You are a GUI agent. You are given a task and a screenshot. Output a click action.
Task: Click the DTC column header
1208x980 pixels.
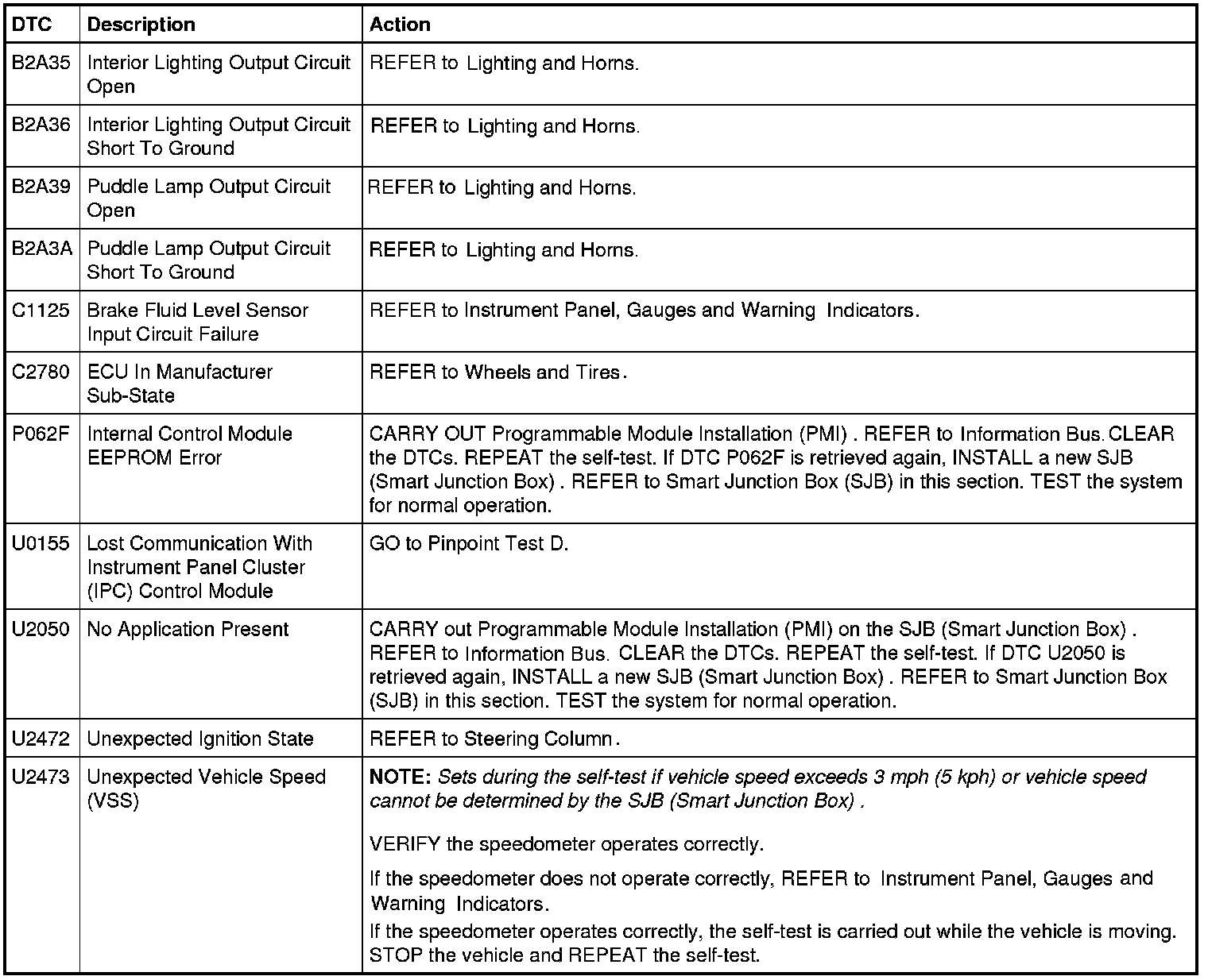[x=32, y=25]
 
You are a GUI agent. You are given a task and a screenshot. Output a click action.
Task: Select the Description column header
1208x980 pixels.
[x=141, y=25]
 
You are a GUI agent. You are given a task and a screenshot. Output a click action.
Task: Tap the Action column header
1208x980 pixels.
[x=400, y=25]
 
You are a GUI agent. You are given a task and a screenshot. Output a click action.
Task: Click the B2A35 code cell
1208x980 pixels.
[x=41, y=63]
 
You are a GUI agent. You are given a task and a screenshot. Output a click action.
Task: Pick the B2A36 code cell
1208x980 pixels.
[x=41, y=125]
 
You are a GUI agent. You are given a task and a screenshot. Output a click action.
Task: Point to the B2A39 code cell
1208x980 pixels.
[x=41, y=187]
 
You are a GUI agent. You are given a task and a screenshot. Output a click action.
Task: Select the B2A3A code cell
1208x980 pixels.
[x=41, y=249]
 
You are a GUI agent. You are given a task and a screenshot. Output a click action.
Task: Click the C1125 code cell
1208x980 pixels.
[x=41, y=311]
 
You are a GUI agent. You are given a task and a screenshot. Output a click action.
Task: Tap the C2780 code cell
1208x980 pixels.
[x=41, y=372]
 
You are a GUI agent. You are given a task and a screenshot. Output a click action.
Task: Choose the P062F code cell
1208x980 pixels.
[x=41, y=434]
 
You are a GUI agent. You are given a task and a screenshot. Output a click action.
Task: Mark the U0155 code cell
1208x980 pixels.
[x=41, y=544]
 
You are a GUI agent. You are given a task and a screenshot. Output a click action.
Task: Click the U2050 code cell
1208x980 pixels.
[x=41, y=630]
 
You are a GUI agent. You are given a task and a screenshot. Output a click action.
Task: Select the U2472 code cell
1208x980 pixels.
[x=41, y=739]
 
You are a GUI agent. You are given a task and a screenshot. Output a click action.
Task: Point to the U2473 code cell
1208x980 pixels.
[x=41, y=777]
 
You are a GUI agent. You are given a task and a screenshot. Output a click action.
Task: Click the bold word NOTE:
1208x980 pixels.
[x=400, y=777]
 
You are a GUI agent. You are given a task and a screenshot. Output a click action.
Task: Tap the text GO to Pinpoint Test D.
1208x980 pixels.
[x=469, y=544]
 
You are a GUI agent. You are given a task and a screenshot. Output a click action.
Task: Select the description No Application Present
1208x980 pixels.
[x=188, y=630]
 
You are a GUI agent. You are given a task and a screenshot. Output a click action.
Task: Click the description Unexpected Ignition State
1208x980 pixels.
[x=200, y=739]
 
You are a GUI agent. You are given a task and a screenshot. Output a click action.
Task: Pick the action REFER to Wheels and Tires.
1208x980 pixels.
[x=498, y=372]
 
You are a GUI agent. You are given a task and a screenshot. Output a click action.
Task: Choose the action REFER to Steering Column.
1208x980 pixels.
[x=494, y=739]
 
